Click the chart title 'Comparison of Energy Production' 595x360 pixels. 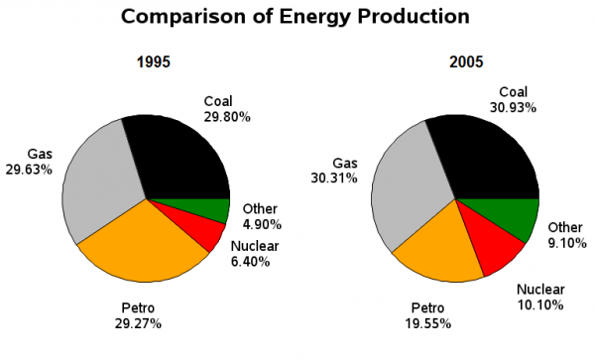point(295,17)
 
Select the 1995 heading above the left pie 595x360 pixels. point(153,62)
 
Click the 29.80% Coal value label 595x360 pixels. point(227,116)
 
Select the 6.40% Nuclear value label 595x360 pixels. point(254,262)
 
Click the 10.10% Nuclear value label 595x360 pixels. point(543,305)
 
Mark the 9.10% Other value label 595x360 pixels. point(567,243)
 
